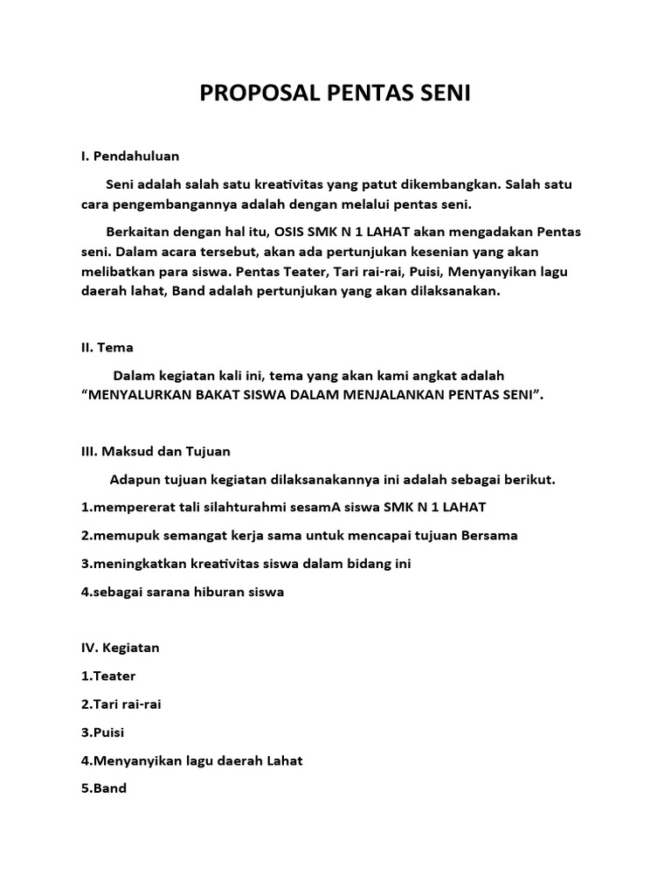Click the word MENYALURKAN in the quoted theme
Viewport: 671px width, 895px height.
(x=140, y=395)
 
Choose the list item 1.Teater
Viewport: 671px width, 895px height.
(x=108, y=676)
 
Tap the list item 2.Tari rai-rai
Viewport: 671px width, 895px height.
(x=121, y=704)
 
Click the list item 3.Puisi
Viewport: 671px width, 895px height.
(x=103, y=732)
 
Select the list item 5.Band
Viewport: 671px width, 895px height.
(x=104, y=788)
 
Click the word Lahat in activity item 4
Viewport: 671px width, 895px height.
(x=281, y=760)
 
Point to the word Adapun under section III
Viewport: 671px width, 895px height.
(x=135, y=479)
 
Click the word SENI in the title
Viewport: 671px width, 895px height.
(x=444, y=94)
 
